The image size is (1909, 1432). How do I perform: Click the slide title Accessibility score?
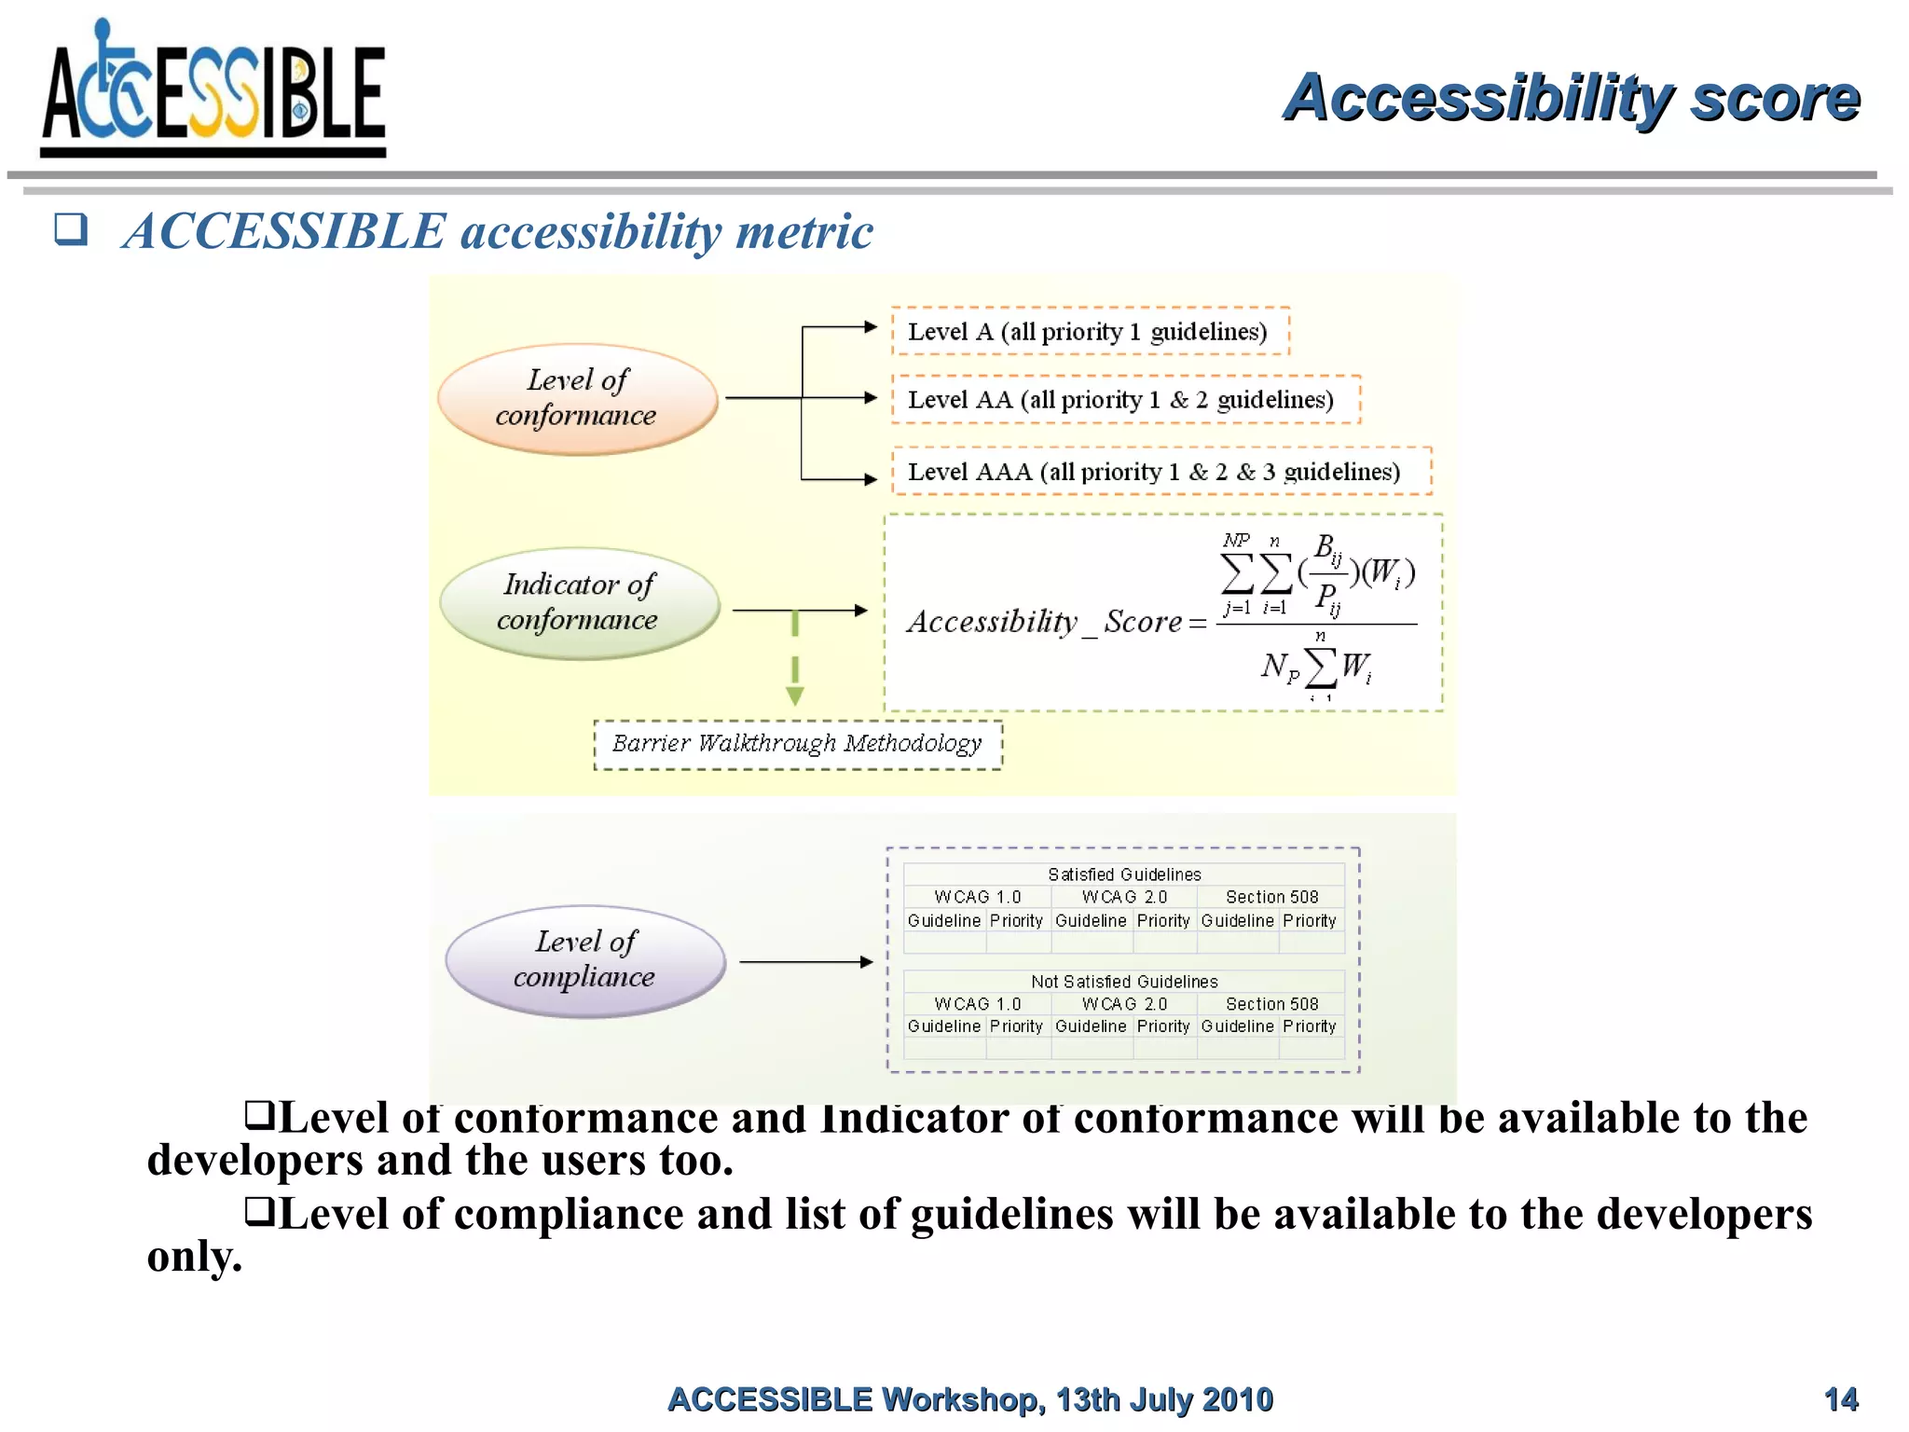coord(1571,97)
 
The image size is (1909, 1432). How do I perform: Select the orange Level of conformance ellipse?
coord(578,399)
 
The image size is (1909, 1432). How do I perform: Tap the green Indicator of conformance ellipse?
coord(579,603)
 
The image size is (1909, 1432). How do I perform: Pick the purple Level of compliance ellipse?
coord(584,960)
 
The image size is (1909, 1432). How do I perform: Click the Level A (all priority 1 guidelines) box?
coord(1090,331)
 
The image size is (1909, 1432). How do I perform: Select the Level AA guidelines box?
coord(1124,399)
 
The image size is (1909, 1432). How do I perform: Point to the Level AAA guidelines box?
coord(1160,471)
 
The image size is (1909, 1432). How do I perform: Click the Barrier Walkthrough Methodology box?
coord(797,744)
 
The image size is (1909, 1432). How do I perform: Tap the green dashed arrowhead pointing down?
coord(795,695)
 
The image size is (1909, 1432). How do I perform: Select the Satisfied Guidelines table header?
coord(1123,874)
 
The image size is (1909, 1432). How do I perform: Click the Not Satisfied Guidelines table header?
coord(1123,982)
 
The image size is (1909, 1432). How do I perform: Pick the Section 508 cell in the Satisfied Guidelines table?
coord(1271,897)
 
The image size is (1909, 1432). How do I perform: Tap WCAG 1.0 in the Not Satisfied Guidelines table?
coord(977,1004)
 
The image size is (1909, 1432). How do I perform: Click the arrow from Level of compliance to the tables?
coord(805,961)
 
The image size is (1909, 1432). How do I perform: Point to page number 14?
coord(1840,1399)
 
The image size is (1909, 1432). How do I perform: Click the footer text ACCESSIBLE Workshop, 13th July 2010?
coord(969,1399)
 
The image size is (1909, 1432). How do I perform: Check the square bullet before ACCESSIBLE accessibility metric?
coord(71,228)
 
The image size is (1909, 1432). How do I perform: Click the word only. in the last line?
coord(195,1257)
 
